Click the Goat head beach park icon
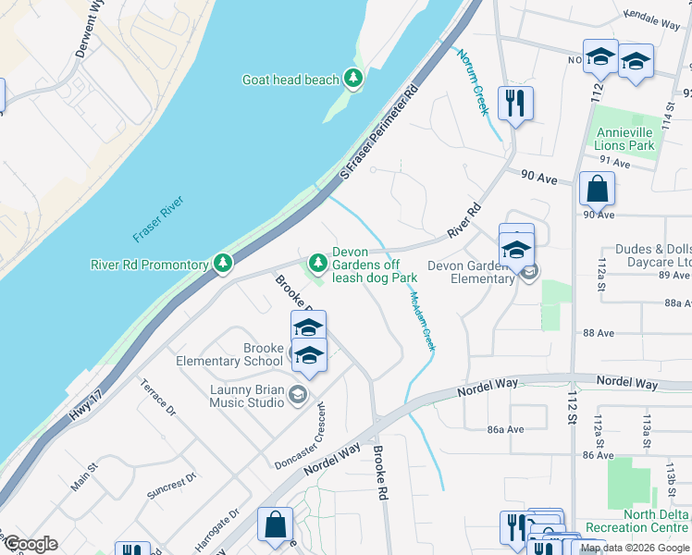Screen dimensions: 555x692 pyautogui.click(x=352, y=80)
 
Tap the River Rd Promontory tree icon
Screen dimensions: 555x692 pyautogui.click(x=223, y=265)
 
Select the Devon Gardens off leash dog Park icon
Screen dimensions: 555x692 pyautogui.click(x=318, y=264)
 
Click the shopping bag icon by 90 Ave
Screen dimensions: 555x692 pyautogui.click(x=597, y=189)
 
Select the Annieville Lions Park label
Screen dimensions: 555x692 pyautogui.click(x=625, y=139)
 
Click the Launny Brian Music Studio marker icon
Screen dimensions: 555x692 pyautogui.click(x=297, y=396)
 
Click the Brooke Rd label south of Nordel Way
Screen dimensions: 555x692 pyautogui.click(x=379, y=474)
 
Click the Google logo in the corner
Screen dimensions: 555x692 pyautogui.click(x=30, y=544)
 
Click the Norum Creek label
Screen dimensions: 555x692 pyautogui.click(x=472, y=80)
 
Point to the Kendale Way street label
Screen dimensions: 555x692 pyautogui.click(x=654, y=16)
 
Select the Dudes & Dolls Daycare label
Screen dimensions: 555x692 pyautogui.click(x=653, y=256)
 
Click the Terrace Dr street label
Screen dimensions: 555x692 pyautogui.click(x=158, y=395)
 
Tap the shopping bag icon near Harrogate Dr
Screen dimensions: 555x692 pyautogui.click(x=276, y=524)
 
